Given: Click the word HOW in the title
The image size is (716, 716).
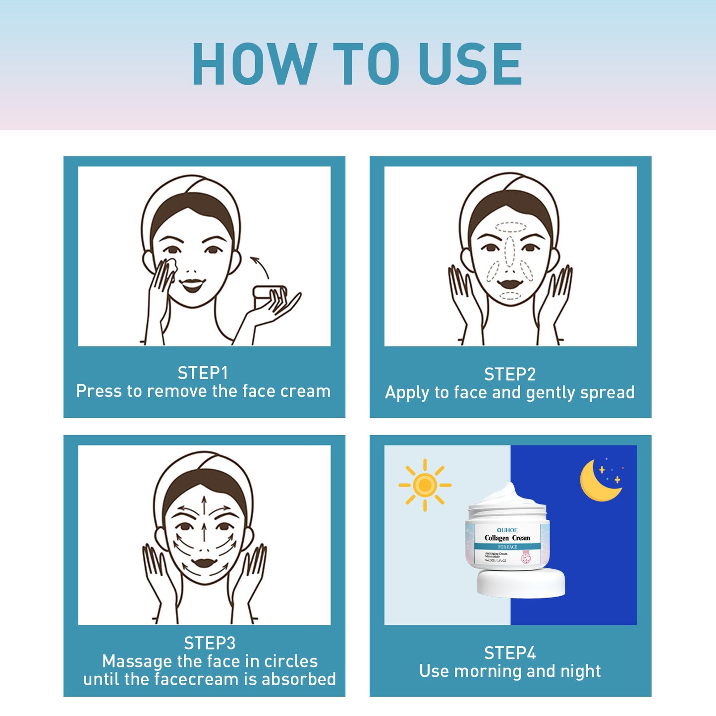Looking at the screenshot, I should tap(254, 63).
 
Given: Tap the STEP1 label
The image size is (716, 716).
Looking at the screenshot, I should tap(203, 373).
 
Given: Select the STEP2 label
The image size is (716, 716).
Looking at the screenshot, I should tap(510, 374).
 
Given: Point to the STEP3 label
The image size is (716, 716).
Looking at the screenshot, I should tap(210, 643).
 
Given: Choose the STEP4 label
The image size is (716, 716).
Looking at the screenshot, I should tap(510, 653).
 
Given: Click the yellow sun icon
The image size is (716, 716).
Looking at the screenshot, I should tap(425, 485).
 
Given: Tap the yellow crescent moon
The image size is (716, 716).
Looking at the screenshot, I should tap(597, 481).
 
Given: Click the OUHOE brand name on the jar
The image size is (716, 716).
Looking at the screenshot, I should tap(507, 530).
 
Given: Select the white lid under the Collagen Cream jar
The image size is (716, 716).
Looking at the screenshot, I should tap(521, 583).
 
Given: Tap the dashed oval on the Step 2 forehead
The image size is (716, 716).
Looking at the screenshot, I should tap(510, 227).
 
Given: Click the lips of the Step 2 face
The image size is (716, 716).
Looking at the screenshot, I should tap(510, 284).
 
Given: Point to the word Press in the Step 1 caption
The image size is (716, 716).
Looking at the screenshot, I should tap(99, 391).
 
